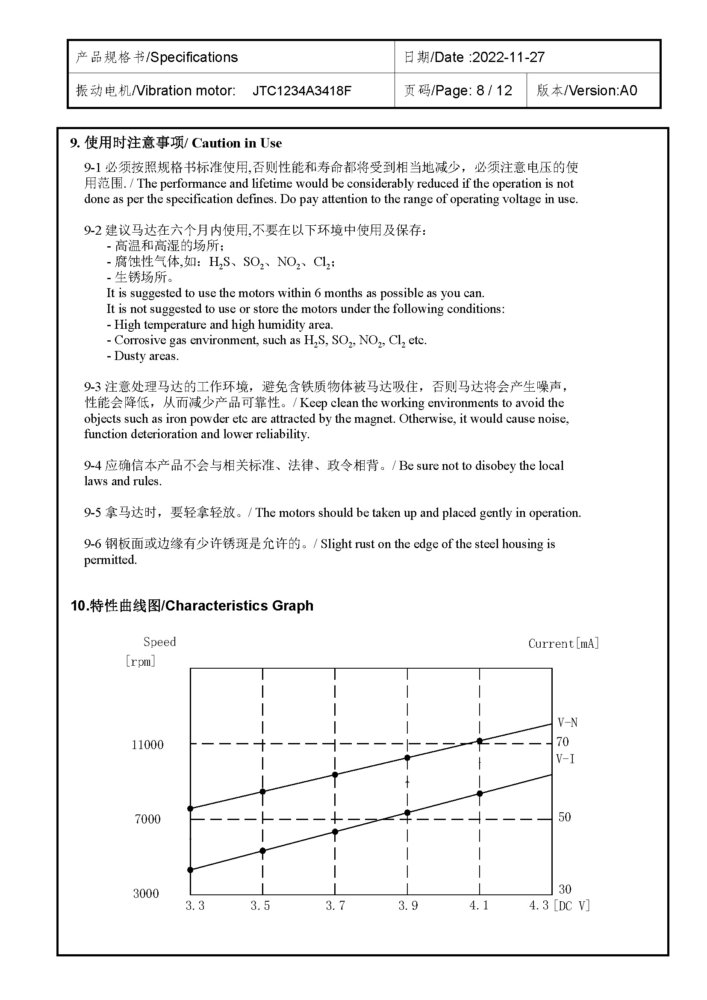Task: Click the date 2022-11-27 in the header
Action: point(508,57)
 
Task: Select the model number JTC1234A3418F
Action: point(302,91)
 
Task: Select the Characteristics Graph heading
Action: point(239,605)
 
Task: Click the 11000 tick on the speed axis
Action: point(147,745)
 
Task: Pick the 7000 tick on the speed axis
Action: point(147,819)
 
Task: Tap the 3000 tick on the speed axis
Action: point(146,894)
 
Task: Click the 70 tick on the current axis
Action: point(563,741)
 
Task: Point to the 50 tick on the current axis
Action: point(564,817)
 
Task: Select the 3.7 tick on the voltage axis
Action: point(335,906)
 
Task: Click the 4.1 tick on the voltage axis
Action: point(479,906)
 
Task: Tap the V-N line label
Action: point(567,723)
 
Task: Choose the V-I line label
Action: point(565,759)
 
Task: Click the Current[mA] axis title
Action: point(563,644)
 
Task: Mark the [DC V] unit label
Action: point(571,906)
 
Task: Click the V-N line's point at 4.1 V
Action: point(480,741)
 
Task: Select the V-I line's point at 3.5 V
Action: point(262,851)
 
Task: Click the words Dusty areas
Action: point(146,356)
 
